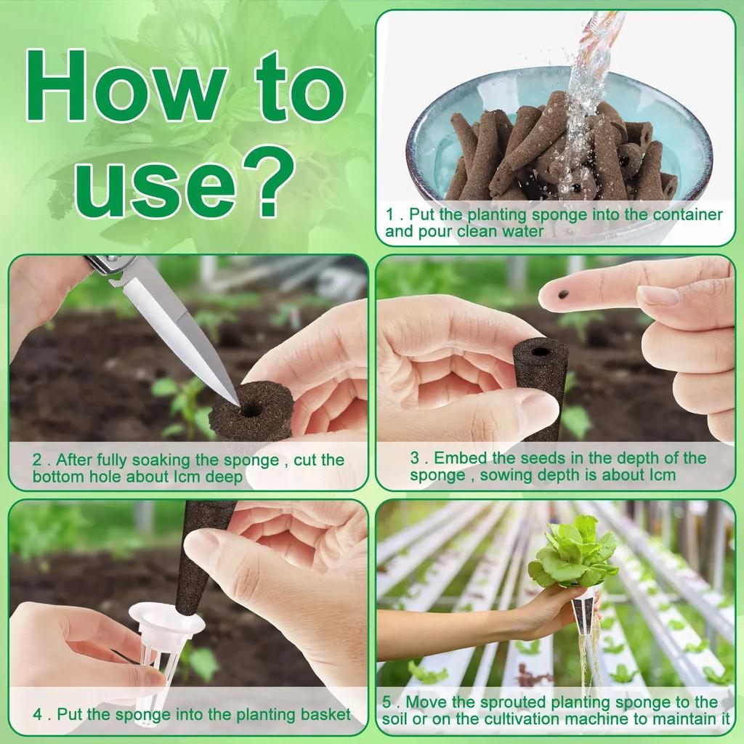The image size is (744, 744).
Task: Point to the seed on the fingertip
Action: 563,295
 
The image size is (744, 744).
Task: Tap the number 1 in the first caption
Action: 390,214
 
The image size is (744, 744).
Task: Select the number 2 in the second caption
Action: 37,460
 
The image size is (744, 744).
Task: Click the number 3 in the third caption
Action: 415,458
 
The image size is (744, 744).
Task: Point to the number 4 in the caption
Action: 38,714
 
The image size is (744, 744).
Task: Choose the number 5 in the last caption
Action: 387,702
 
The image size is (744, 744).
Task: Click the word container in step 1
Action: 687,214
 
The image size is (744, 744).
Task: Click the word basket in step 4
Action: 325,714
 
